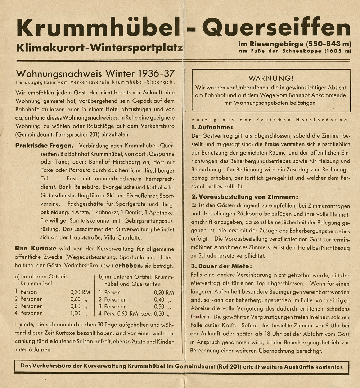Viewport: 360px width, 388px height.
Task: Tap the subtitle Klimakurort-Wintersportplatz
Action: (99, 48)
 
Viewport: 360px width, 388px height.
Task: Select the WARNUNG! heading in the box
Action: (271, 78)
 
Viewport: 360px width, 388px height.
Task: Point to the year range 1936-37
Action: (157, 73)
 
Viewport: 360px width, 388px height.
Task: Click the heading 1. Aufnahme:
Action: (212, 127)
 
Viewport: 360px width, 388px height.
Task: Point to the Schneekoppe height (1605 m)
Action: (337, 51)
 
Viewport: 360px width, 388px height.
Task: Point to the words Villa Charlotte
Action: (126, 237)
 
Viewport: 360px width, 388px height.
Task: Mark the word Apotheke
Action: (162, 212)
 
